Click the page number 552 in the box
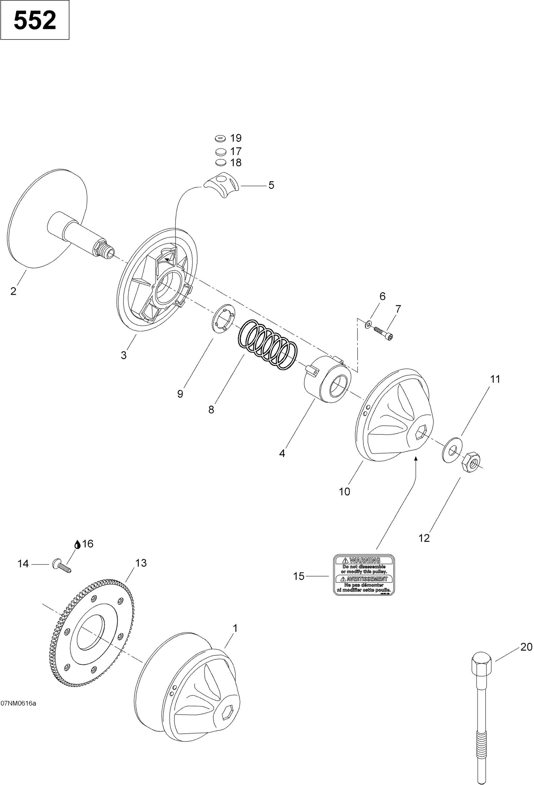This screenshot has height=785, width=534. (35, 20)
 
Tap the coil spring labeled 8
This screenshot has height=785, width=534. (268, 345)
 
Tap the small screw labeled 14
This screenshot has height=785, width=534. (61, 566)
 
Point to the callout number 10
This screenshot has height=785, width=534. (344, 492)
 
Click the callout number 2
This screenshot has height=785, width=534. (14, 291)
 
